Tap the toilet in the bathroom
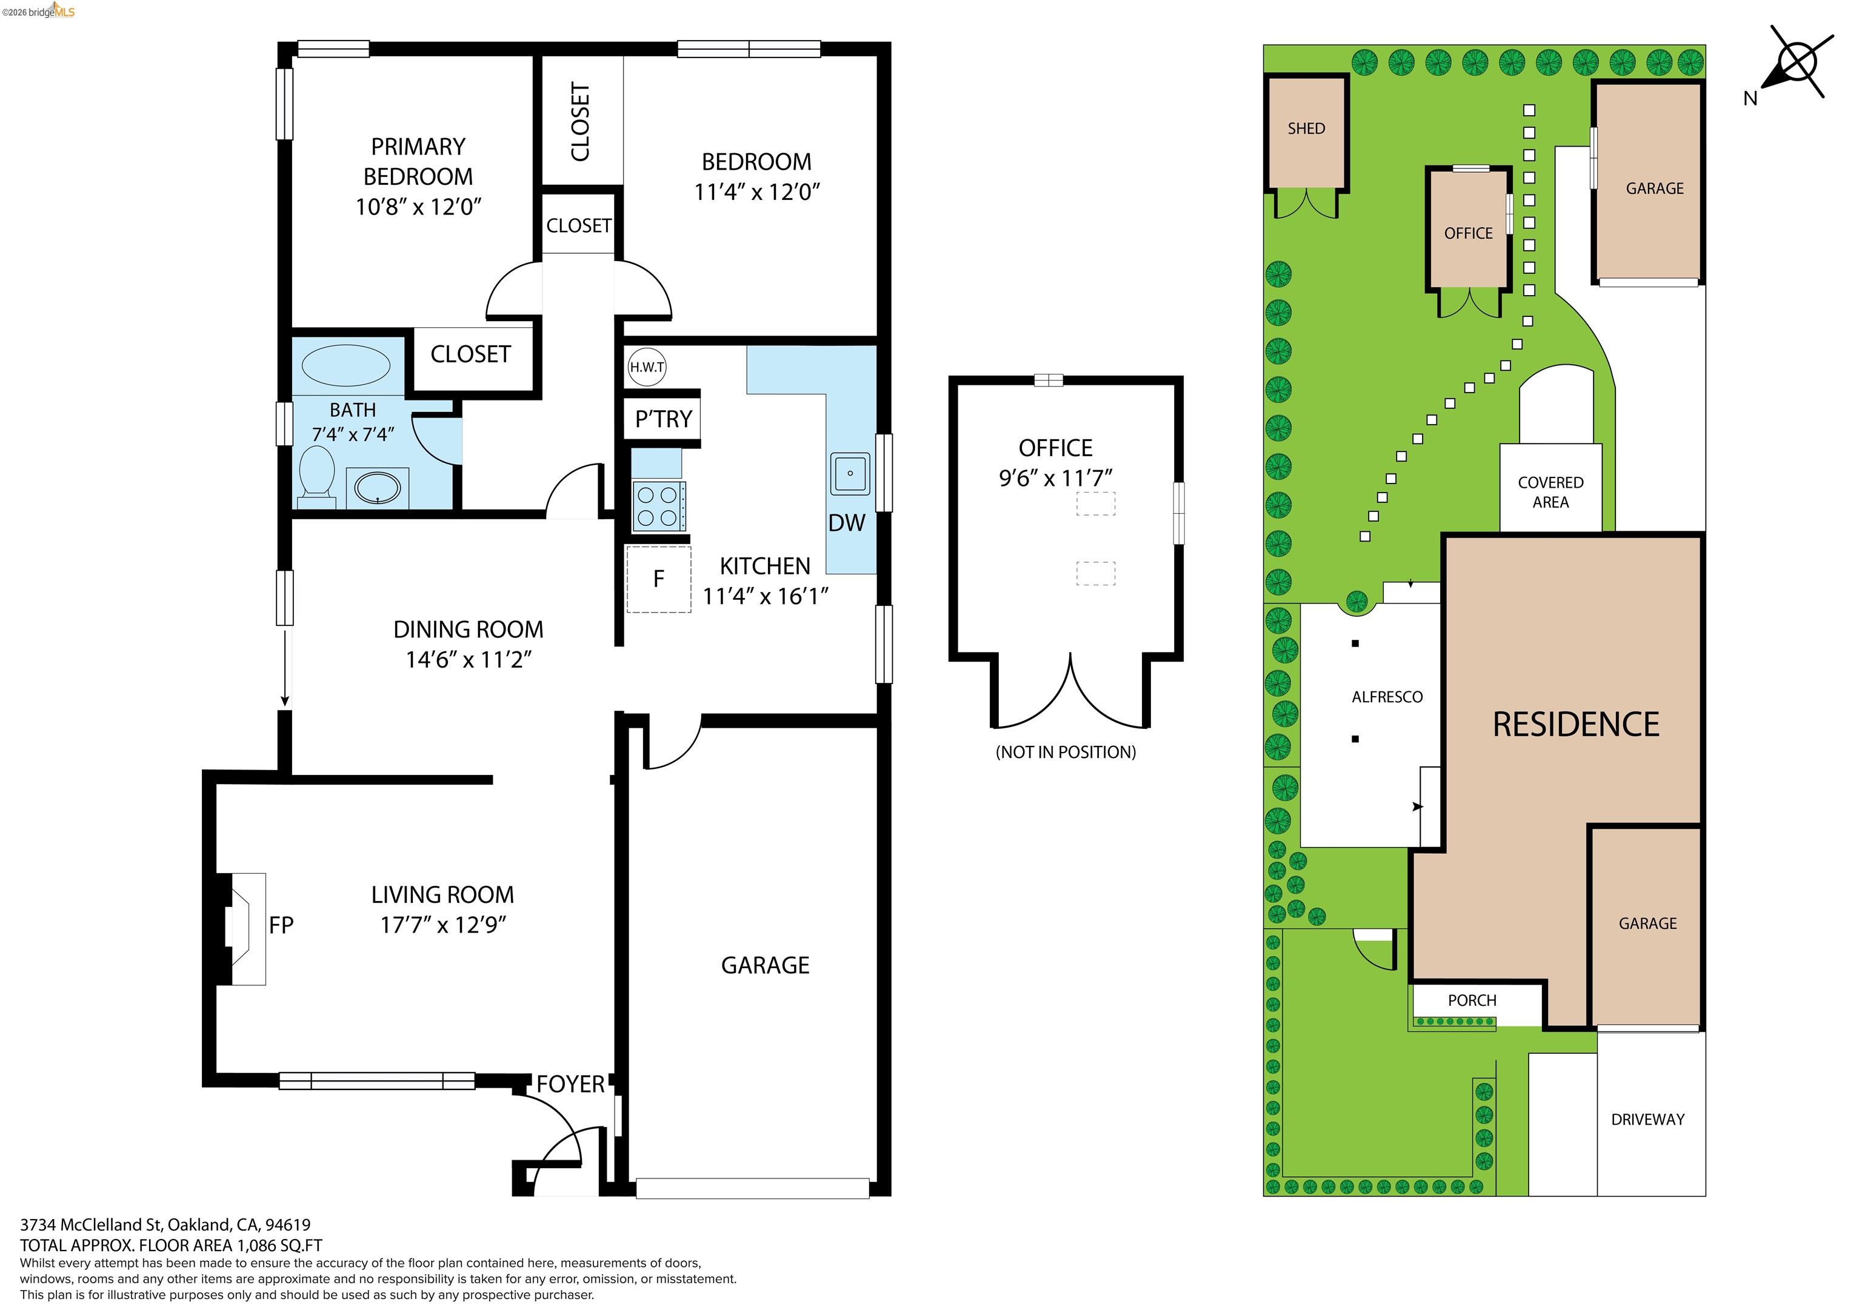tap(317, 474)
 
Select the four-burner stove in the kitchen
tap(658, 506)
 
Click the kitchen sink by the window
tap(849, 474)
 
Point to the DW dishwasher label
tap(846, 523)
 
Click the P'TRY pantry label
tap(662, 419)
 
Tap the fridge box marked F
tap(658, 579)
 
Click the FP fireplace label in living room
tap(281, 925)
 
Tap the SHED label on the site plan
tap(1306, 129)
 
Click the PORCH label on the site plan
tap(1472, 1000)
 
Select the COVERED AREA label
tap(1550, 492)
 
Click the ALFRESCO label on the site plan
tap(1387, 697)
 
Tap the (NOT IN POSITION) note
tap(1065, 753)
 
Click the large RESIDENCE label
tap(1576, 725)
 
